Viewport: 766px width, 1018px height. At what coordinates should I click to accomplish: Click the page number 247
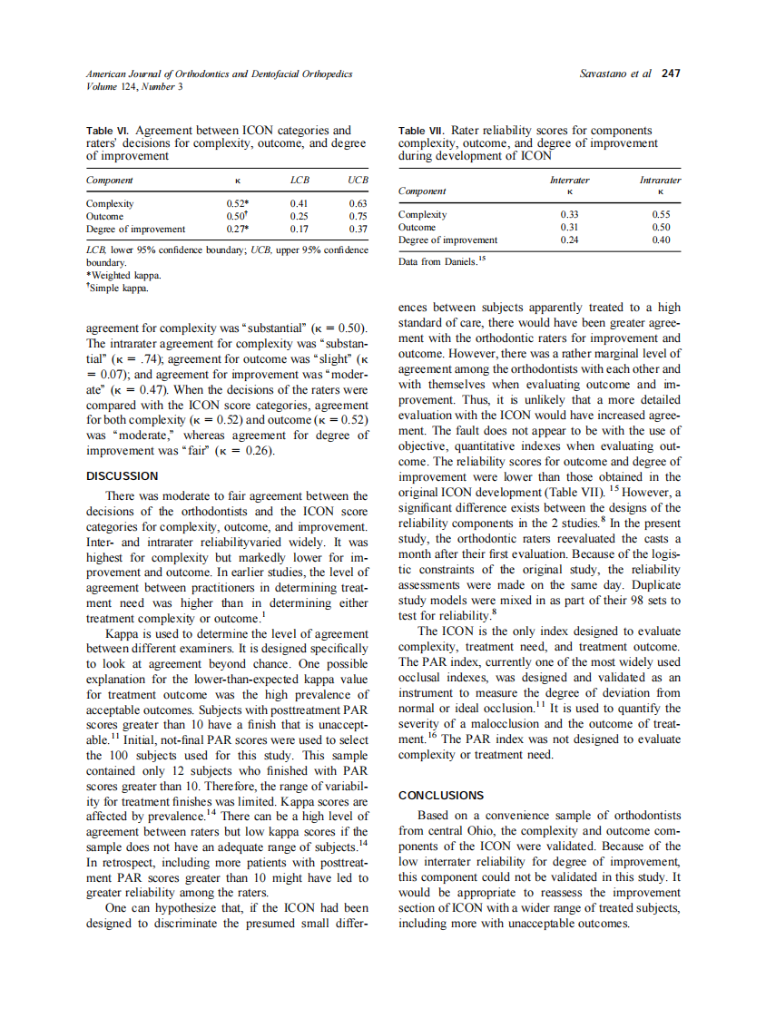[x=671, y=73]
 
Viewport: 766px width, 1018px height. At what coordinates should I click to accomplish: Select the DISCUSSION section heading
[x=122, y=475]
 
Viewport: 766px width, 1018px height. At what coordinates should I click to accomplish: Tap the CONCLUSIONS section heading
[x=441, y=795]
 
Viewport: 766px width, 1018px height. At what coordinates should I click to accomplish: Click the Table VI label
[x=108, y=132]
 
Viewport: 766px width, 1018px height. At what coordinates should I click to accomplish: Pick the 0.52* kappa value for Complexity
[x=238, y=204]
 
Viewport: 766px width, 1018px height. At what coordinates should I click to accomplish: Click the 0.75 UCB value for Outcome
[x=358, y=217]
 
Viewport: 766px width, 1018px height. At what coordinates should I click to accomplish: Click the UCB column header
[x=357, y=181]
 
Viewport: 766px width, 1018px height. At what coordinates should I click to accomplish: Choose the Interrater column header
[x=569, y=180]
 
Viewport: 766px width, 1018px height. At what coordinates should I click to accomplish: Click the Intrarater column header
[x=660, y=180]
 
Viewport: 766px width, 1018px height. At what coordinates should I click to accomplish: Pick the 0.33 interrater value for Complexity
[x=569, y=214]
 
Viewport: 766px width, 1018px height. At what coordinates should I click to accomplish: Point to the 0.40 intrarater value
[x=661, y=240]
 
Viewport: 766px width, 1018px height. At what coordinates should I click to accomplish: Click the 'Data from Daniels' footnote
[x=443, y=261]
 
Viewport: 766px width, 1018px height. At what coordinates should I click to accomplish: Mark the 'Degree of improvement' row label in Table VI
[x=135, y=230]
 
